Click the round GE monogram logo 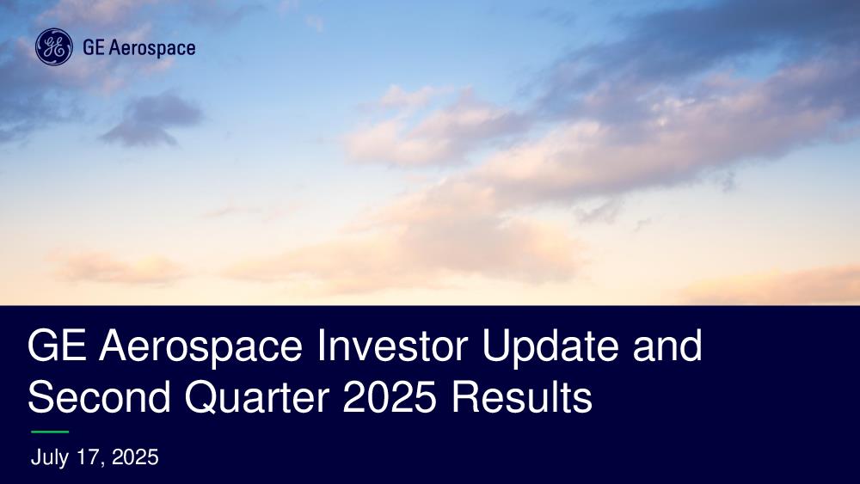pos(53,47)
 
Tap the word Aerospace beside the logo pos(152,48)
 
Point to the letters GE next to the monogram pos(93,47)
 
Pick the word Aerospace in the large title pos(200,347)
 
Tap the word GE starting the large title pos(57,346)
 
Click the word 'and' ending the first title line pos(667,346)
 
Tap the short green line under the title pos(50,432)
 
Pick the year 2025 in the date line pos(135,457)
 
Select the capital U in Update pos(496,346)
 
